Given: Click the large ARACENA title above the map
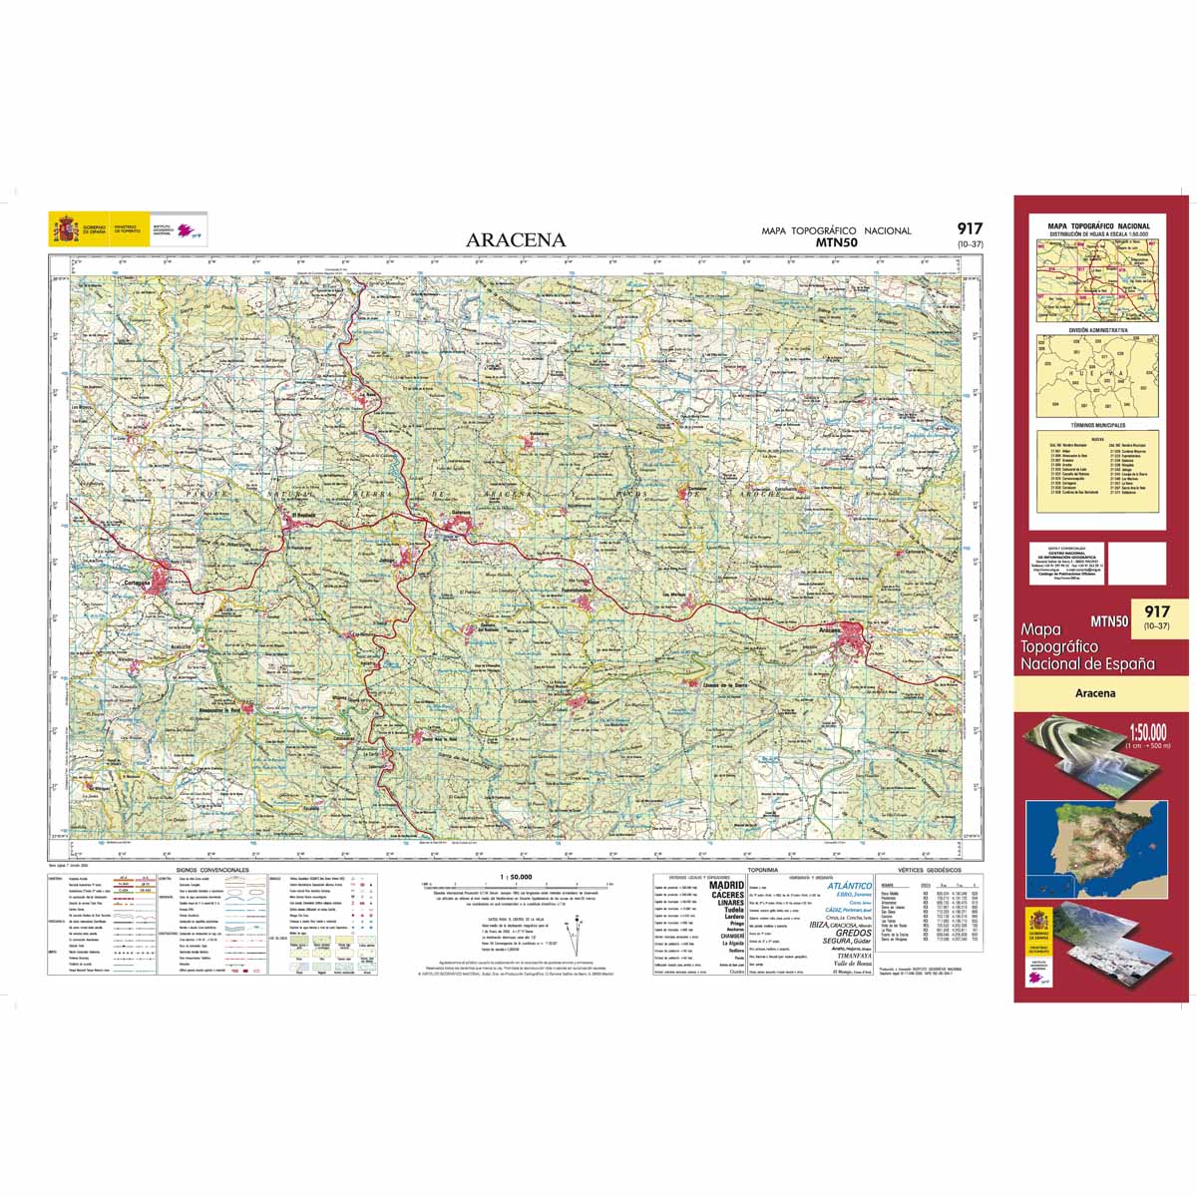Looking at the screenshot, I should click(515, 239).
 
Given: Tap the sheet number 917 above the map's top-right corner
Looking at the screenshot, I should click(970, 228).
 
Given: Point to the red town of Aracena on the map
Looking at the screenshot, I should click(854, 635).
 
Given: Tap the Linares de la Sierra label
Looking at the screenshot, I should click(726, 685).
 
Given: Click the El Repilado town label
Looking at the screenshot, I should click(300, 516).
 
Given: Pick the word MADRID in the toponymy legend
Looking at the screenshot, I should click(726, 885).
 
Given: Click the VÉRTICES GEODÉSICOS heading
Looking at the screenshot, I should click(929, 870).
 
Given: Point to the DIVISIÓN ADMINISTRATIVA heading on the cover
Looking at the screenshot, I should click(1097, 328).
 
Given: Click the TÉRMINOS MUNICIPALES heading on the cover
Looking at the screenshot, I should click(1097, 425).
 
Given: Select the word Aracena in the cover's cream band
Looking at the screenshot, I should click(1095, 693).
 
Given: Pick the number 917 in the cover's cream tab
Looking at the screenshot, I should click(1157, 611).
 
